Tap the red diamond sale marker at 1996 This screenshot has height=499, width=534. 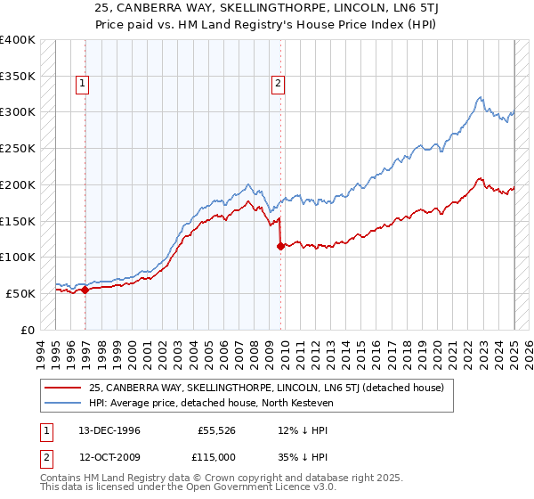tap(85, 289)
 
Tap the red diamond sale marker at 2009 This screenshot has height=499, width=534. tap(281, 246)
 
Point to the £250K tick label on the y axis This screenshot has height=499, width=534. tap(18, 148)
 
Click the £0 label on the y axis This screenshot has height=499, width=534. tap(28, 330)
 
